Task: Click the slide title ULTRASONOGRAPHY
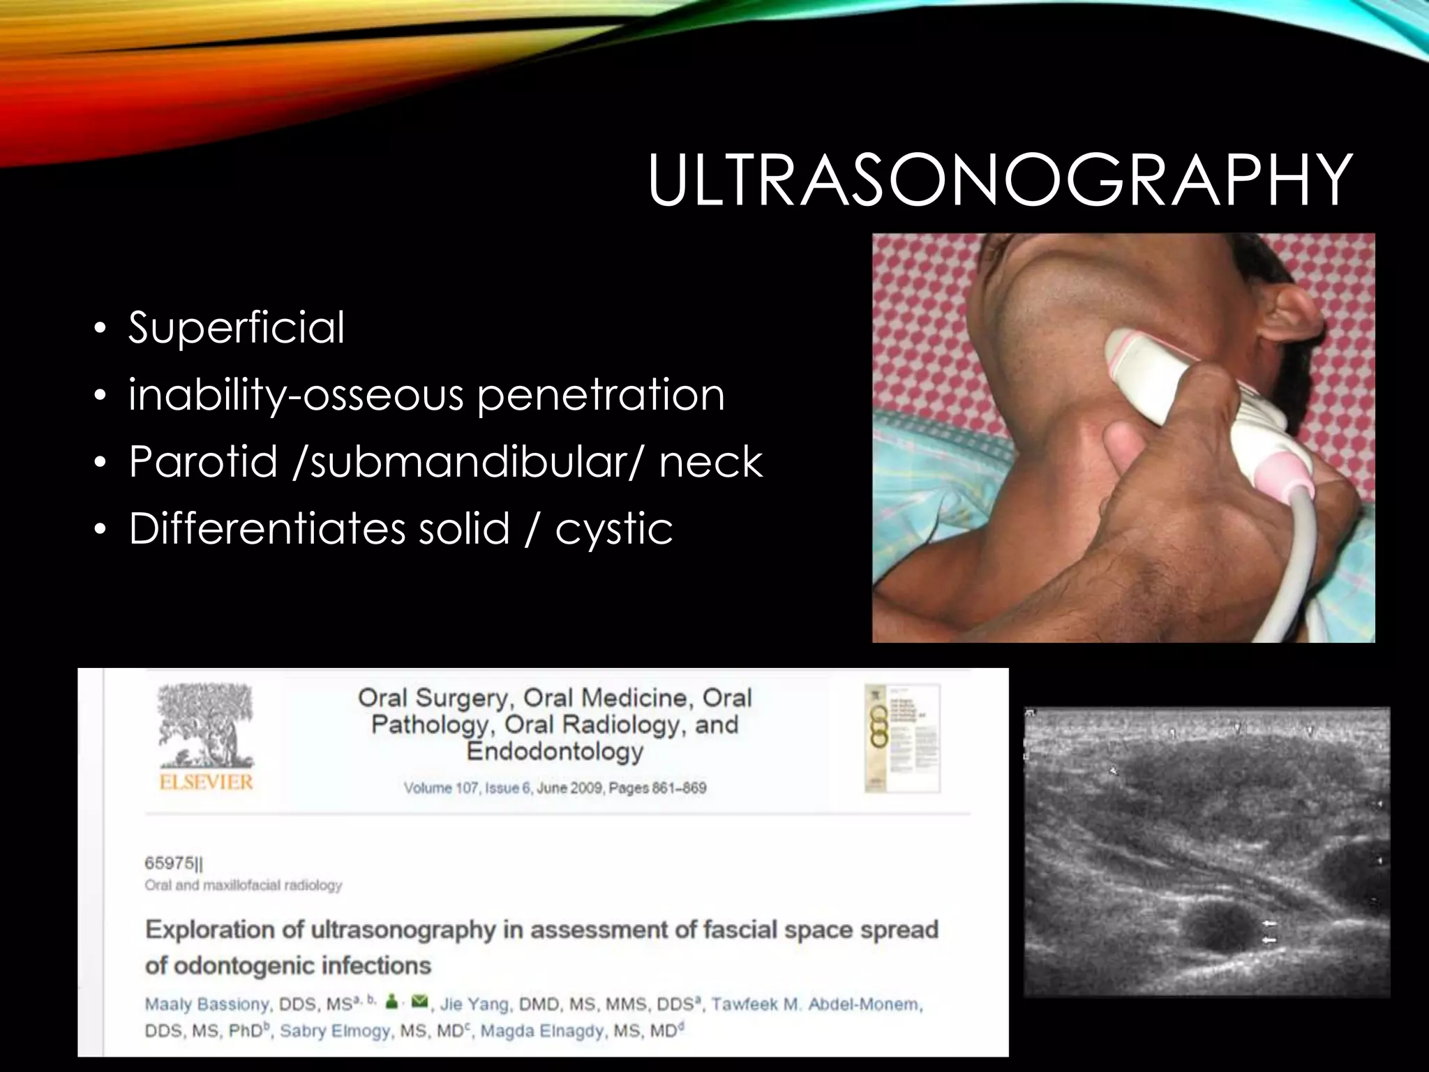pos(999,180)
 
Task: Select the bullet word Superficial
pos(237,327)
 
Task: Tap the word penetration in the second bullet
pos(601,395)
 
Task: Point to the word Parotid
pos(203,462)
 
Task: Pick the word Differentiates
pos(267,528)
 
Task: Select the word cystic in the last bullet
pos(614,529)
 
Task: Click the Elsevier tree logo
pos(206,725)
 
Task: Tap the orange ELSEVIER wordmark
pos(206,782)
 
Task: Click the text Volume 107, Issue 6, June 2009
pos(502,788)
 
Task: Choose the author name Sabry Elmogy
pos(335,1031)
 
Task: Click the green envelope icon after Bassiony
pos(419,1002)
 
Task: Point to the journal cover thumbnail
pos(901,738)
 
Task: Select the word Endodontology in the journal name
pos(555,752)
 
